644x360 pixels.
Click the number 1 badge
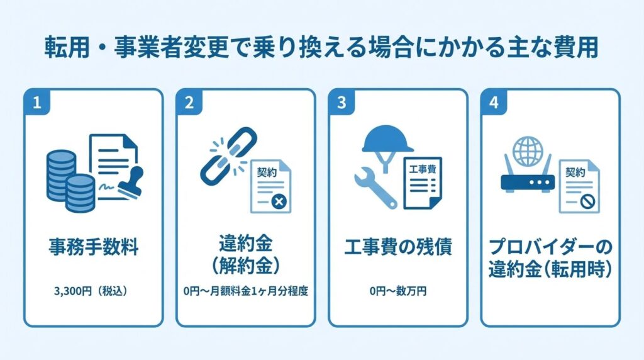click(36, 103)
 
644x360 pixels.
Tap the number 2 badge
click(189, 103)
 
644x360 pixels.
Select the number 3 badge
click(341, 103)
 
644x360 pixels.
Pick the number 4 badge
click(494, 103)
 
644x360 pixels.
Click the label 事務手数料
click(93, 247)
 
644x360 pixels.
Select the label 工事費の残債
click(398, 247)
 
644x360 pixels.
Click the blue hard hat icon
click(387, 140)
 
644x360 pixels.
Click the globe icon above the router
click(526, 152)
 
